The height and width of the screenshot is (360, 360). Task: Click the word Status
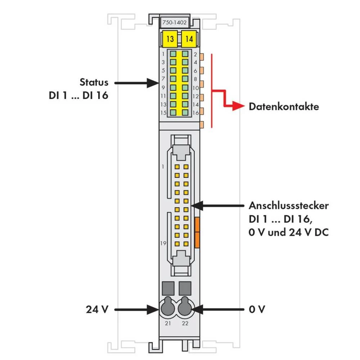(94, 82)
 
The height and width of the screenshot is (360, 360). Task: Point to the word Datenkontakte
(284, 107)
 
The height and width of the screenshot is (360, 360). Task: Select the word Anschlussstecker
(288, 206)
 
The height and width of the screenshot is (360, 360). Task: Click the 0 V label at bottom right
(257, 309)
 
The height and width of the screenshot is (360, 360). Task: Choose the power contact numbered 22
(185, 307)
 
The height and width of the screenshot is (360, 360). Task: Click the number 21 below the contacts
(168, 323)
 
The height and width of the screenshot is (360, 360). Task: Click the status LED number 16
(185, 113)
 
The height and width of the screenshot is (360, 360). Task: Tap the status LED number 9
(173, 87)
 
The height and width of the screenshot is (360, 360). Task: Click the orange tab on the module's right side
(197, 232)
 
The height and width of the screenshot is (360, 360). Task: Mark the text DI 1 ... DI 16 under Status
(78, 96)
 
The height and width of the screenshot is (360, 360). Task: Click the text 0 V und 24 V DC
(288, 233)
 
